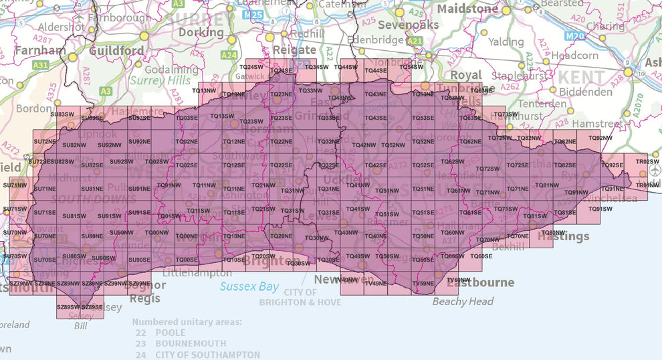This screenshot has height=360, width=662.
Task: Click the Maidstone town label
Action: coord(467,9)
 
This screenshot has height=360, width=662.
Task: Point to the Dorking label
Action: coord(201,32)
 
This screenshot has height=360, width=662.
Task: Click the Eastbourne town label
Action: coord(480,282)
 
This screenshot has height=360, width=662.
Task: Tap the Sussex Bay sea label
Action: coord(249,286)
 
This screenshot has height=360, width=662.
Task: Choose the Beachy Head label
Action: coord(463,301)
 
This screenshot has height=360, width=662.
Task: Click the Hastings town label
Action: coord(564,236)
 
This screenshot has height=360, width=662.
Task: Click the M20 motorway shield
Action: coord(574,35)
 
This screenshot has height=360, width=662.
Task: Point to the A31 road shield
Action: coord(40,65)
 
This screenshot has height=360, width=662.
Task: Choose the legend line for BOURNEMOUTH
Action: coord(181,344)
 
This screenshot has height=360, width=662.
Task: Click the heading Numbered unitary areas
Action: coord(187,322)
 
